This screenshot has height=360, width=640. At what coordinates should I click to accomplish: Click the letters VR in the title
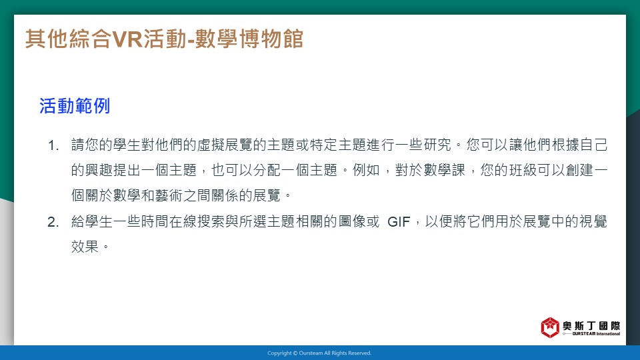(x=127, y=39)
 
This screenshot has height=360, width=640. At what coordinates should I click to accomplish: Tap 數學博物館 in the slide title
(x=249, y=39)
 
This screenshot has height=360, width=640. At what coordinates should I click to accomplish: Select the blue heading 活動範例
(x=75, y=106)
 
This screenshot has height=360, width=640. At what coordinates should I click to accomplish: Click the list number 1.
(x=53, y=145)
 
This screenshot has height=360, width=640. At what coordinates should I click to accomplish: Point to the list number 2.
(x=53, y=222)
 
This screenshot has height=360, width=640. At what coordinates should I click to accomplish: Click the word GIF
(x=399, y=222)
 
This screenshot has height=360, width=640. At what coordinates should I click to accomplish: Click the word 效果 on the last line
(x=85, y=247)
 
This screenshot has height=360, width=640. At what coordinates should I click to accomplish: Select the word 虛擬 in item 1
(x=211, y=145)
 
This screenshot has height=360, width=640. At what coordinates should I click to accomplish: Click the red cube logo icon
(x=550, y=327)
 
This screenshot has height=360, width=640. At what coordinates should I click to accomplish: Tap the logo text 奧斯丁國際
(x=591, y=325)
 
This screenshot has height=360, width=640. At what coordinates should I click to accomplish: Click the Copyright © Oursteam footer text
(x=319, y=353)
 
